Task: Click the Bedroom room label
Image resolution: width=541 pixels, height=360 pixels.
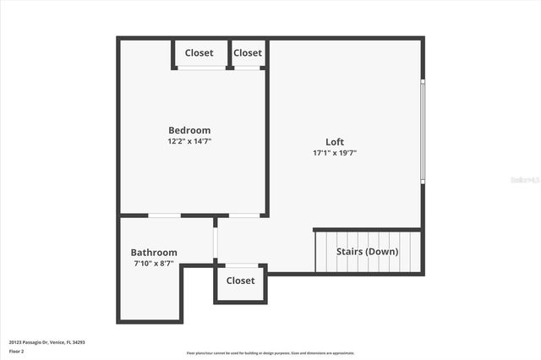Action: click(189, 130)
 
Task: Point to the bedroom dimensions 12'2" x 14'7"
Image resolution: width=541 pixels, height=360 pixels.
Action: click(189, 142)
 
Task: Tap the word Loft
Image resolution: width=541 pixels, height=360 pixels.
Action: click(335, 141)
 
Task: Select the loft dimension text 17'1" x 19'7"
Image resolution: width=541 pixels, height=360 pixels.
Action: click(335, 153)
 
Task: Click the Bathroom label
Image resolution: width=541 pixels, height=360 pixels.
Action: click(154, 253)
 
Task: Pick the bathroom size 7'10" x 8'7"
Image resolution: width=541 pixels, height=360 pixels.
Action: click(154, 265)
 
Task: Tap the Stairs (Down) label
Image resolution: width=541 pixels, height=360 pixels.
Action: click(367, 252)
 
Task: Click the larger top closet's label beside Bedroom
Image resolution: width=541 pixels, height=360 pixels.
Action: click(199, 53)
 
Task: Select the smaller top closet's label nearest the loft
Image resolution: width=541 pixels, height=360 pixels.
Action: click(248, 53)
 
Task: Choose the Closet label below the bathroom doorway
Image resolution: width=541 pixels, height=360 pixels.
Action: click(240, 281)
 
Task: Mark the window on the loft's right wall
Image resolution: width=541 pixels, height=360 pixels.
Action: click(423, 130)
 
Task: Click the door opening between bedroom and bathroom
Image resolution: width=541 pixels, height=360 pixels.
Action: click(164, 215)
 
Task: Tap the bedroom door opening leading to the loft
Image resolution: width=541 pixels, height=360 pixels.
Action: click(244, 215)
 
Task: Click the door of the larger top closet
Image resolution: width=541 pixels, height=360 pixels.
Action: click(200, 68)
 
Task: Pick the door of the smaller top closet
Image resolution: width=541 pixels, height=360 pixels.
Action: click(247, 68)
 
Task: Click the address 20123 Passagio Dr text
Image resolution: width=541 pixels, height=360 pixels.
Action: click(47, 342)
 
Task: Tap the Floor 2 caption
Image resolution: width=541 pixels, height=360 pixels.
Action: click(17, 351)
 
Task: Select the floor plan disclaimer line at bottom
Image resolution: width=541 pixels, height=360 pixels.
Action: click(270, 353)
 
